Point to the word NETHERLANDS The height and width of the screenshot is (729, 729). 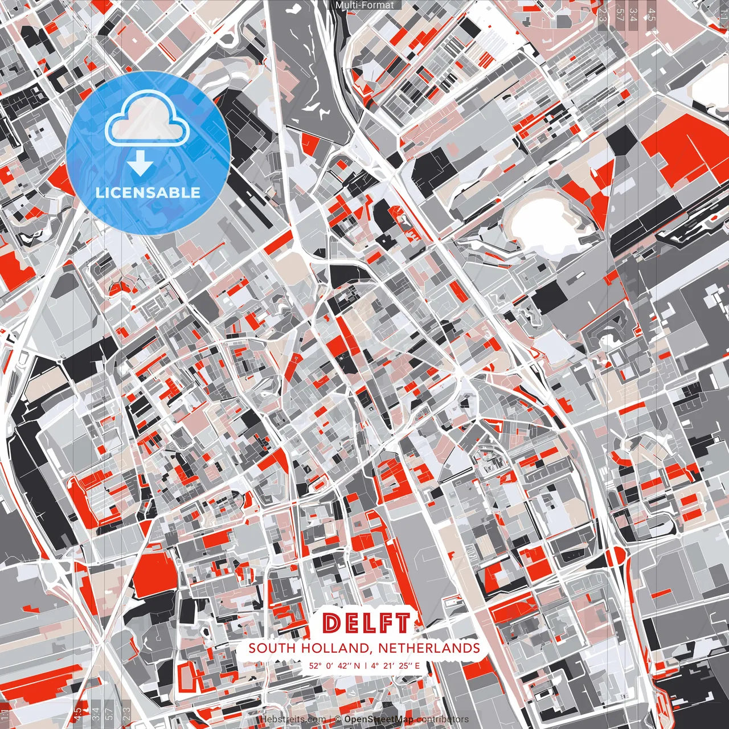(x=428, y=648)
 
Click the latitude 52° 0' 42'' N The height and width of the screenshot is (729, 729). (x=335, y=665)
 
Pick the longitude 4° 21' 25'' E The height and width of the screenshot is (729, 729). (x=395, y=665)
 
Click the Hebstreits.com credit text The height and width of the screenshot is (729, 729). (x=294, y=719)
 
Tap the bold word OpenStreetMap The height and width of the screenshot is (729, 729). (x=379, y=719)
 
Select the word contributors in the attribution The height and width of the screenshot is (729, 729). (x=443, y=719)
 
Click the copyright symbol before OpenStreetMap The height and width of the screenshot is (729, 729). (x=337, y=719)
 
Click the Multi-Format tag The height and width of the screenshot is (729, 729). (x=364, y=5)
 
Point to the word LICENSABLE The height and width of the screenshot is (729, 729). (x=148, y=193)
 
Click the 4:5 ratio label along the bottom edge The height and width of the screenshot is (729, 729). (x=77, y=715)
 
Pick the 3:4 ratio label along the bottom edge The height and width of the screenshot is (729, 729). (x=96, y=715)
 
